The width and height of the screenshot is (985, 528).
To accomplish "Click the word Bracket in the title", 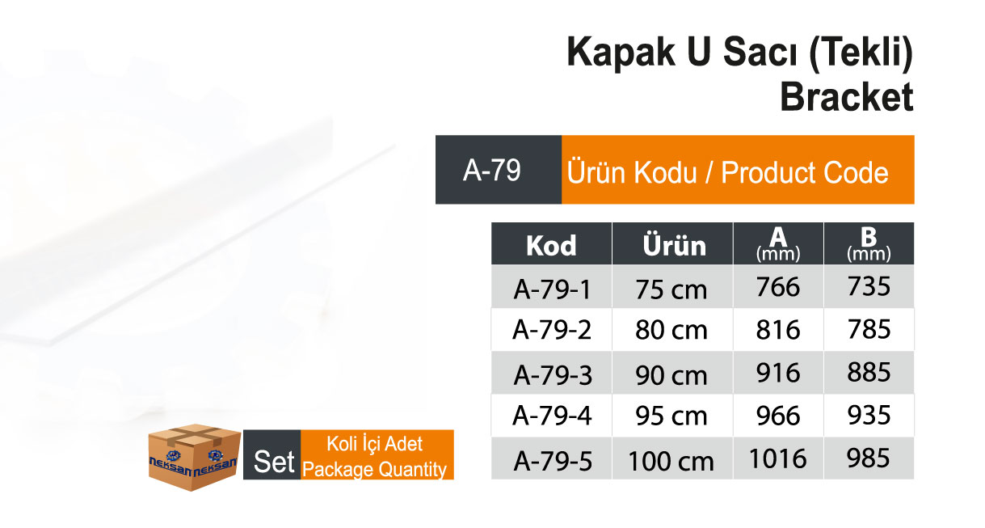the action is pos(847,97).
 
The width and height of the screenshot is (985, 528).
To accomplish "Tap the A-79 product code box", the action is pos(499,170).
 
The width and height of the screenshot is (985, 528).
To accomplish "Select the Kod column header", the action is pos(551,243).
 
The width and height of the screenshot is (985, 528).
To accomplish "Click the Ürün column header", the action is pos(673,243).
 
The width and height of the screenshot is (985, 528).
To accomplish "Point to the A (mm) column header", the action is pos(778,243).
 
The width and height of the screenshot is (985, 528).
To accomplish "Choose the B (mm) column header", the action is pos(869,243).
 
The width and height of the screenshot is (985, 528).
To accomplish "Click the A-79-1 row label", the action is pos(552,289).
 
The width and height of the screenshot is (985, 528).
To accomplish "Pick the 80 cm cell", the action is pos(671,330).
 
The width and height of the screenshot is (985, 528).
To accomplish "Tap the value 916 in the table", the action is pos(778,373).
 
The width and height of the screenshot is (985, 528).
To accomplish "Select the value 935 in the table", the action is pos(869,415).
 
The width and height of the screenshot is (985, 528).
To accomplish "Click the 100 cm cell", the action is pos(671,461).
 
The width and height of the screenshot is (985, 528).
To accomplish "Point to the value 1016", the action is pos(778,458).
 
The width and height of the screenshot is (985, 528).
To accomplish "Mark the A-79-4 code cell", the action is pos(552,416).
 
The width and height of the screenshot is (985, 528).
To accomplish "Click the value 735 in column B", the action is pos(869,286).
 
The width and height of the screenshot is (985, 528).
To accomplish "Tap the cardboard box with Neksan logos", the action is pos(194,457).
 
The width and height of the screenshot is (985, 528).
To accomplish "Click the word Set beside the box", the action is pos(273,462).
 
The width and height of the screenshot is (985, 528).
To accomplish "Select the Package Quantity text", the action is pos(374,470).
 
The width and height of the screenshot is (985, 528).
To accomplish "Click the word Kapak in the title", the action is pos(621,53).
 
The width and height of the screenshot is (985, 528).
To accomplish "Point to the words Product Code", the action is pos(804,172).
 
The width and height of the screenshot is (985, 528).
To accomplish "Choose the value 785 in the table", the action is pos(869,329).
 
